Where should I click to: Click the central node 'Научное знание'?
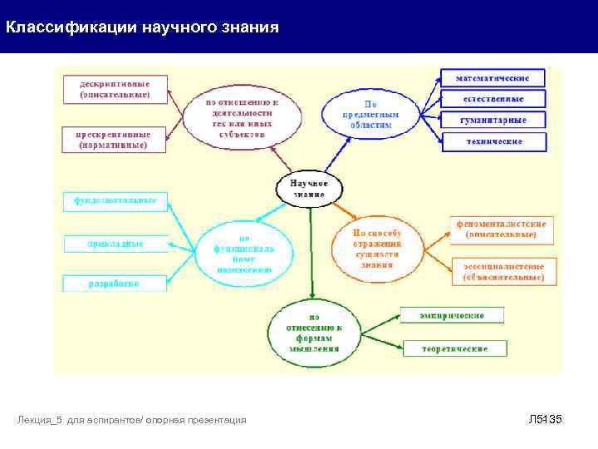click(310, 189)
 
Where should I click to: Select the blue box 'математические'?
click(493, 78)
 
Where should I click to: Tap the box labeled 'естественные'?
click(493, 99)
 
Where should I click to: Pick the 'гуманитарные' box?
click(493, 120)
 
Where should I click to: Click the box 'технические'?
click(493, 141)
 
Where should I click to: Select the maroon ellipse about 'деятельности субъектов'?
click(242, 117)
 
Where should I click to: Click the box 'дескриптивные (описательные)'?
click(115, 88)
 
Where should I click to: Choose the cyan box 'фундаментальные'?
click(115, 201)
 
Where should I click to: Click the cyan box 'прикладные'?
click(115, 243)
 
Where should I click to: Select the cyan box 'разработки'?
click(115, 283)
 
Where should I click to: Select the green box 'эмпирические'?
click(453, 314)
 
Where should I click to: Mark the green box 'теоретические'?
click(453, 348)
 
